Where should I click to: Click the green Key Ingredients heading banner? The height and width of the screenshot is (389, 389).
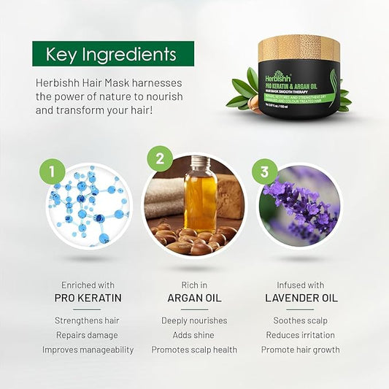(x=113, y=54)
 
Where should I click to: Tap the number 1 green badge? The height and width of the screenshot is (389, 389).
(x=52, y=172)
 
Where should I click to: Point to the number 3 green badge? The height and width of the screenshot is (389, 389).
(x=264, y=173)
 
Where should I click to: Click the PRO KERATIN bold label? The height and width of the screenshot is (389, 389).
(x=88, y=298)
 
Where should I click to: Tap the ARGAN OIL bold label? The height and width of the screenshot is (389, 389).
(x=194, y=298)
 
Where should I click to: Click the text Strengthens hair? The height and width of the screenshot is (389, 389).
(x=88, y=320)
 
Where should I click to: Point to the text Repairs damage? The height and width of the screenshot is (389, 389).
(x=88, y=335)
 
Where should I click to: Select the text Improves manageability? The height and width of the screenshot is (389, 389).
(x=88, y=350)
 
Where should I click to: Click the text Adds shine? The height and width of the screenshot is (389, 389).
(x=194, y=335)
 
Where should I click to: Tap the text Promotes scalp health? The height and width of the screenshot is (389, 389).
(x=194, y=350)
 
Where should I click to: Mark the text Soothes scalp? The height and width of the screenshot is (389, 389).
(x=300, y=320)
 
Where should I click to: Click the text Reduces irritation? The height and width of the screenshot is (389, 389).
(x=300, y=335)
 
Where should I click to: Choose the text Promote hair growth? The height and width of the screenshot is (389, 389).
(x=300, y=350)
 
